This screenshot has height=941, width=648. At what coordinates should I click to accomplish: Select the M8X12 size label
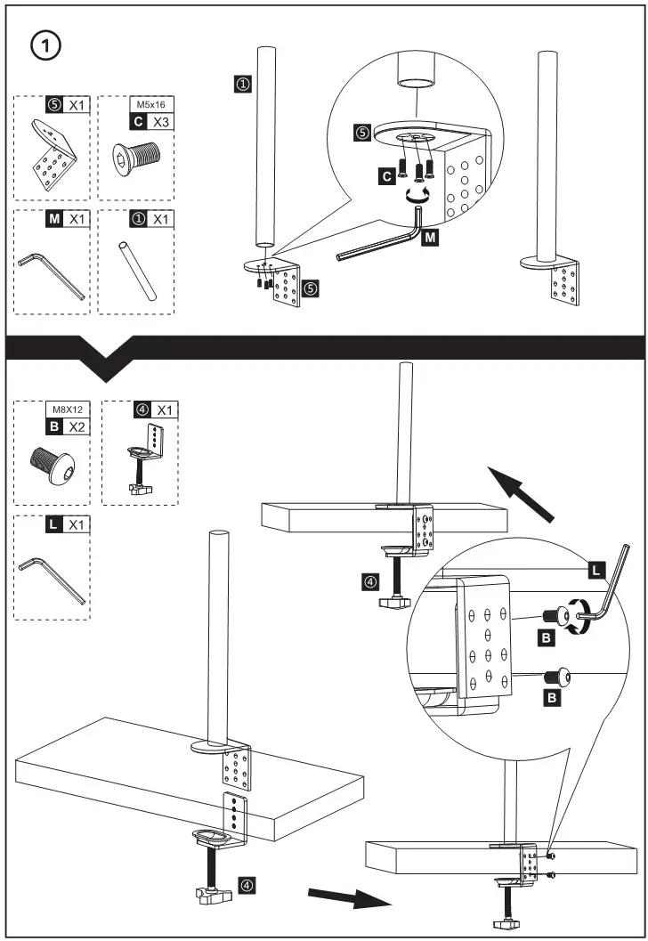click(x=68, y=411)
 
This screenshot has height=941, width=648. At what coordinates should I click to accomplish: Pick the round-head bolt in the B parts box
click(x=52, y=463)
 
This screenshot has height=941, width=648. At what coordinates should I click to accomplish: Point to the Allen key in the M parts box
click(x=52, y=275)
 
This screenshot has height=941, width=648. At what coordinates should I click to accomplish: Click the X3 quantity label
click(x=159, y=120)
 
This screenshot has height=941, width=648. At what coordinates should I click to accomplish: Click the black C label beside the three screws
click(x=387, y=176)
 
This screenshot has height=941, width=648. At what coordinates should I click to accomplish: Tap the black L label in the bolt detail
click(x=594, y=566)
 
